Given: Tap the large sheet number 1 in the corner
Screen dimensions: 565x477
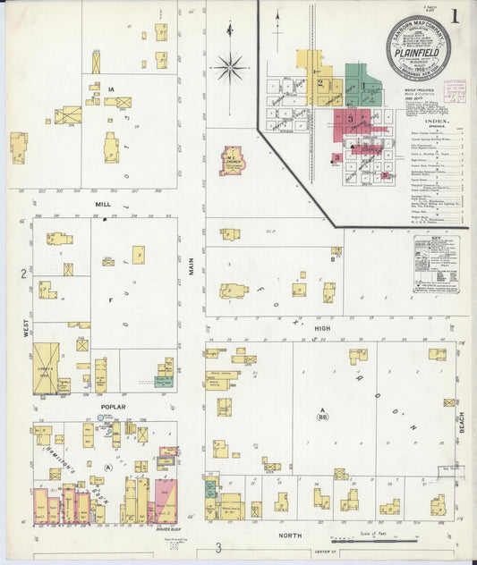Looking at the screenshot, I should (x=456, y=15).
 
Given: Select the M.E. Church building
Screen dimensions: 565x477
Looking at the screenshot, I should (x=231, y=160).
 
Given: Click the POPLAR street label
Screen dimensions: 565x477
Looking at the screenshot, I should (x=113, y=407).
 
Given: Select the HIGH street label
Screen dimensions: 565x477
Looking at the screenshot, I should (x=322, y=328).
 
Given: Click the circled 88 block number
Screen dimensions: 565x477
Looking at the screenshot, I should (x=322, y=416).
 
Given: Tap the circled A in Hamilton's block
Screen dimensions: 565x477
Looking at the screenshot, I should (x=108, y=467).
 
